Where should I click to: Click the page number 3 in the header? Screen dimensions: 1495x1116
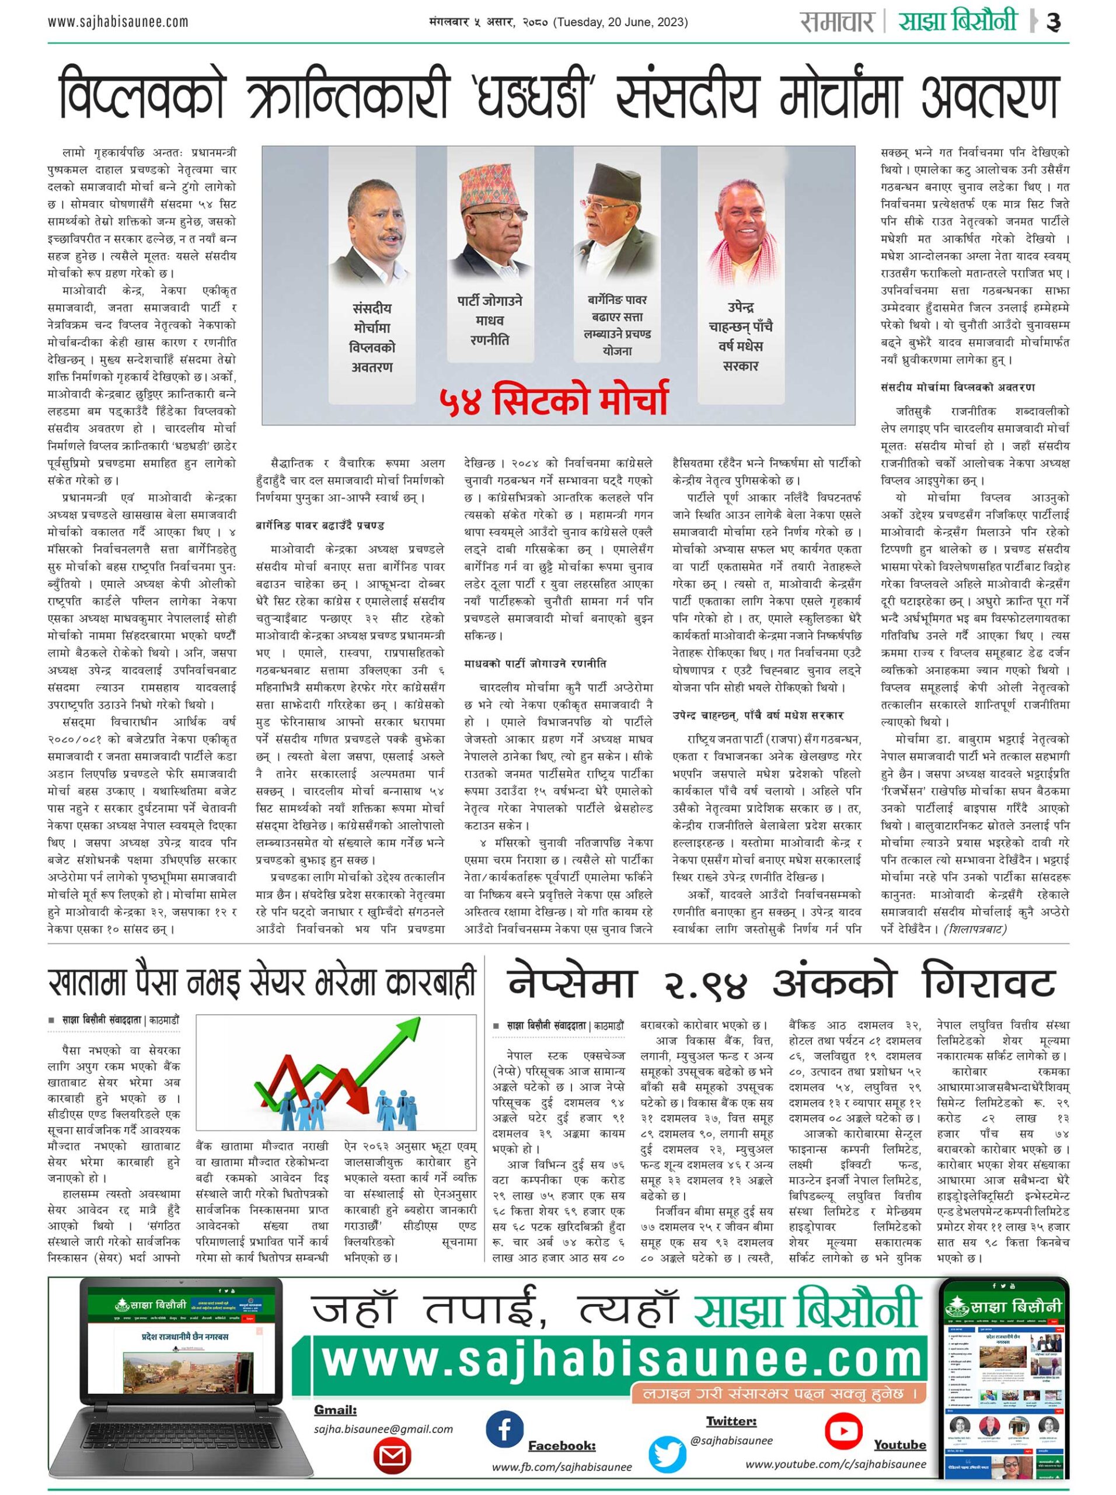pyautogui.click(x=1053, y=23)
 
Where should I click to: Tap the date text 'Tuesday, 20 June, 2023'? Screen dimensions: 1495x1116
pyautogui.click(x=620, y=22)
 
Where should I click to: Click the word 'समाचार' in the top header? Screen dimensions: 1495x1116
pyautogui.click(x=837, y=22)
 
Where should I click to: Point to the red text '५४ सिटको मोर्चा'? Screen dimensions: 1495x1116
pyautogui.click(x=553, y=398)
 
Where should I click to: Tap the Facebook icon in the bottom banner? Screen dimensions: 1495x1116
pyautogui.click(x=503, y=1410)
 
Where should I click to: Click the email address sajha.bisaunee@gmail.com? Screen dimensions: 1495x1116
pyautogui.click(x=383, y=1429)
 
